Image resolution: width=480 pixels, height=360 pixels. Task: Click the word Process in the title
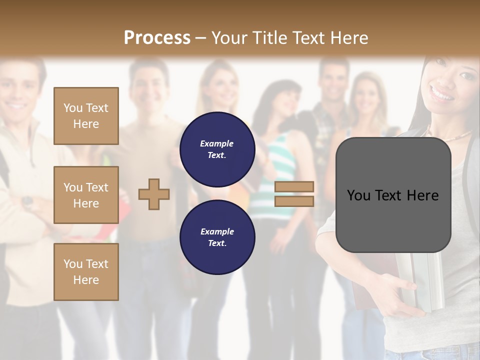pyautogui.click(x=157, y=38)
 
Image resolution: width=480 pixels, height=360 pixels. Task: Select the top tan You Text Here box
pyautogui.click(x=86, y=116)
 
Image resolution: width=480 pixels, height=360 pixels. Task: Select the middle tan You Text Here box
pyautogui.click(x=86, y=195)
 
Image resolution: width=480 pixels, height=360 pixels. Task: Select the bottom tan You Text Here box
pyautogui.click(x=86, y=272)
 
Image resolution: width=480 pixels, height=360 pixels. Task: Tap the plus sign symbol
pyautogui.click(x=154, y=194)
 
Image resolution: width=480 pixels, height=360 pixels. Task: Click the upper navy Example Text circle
pyautogui.click(x=217, y=149)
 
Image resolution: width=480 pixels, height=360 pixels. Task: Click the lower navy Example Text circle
pyautogui.click(x=217, y=237)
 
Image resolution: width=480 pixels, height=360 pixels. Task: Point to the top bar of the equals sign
pyautogui.click(x=294, y=186)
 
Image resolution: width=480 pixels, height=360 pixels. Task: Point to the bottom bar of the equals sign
pyautogui.click(x=294, y=201)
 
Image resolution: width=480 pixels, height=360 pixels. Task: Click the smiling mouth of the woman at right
pyautogui.click(x=442, y=93)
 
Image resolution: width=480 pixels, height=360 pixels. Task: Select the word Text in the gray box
pyautogui.click(x=393, y=195)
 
